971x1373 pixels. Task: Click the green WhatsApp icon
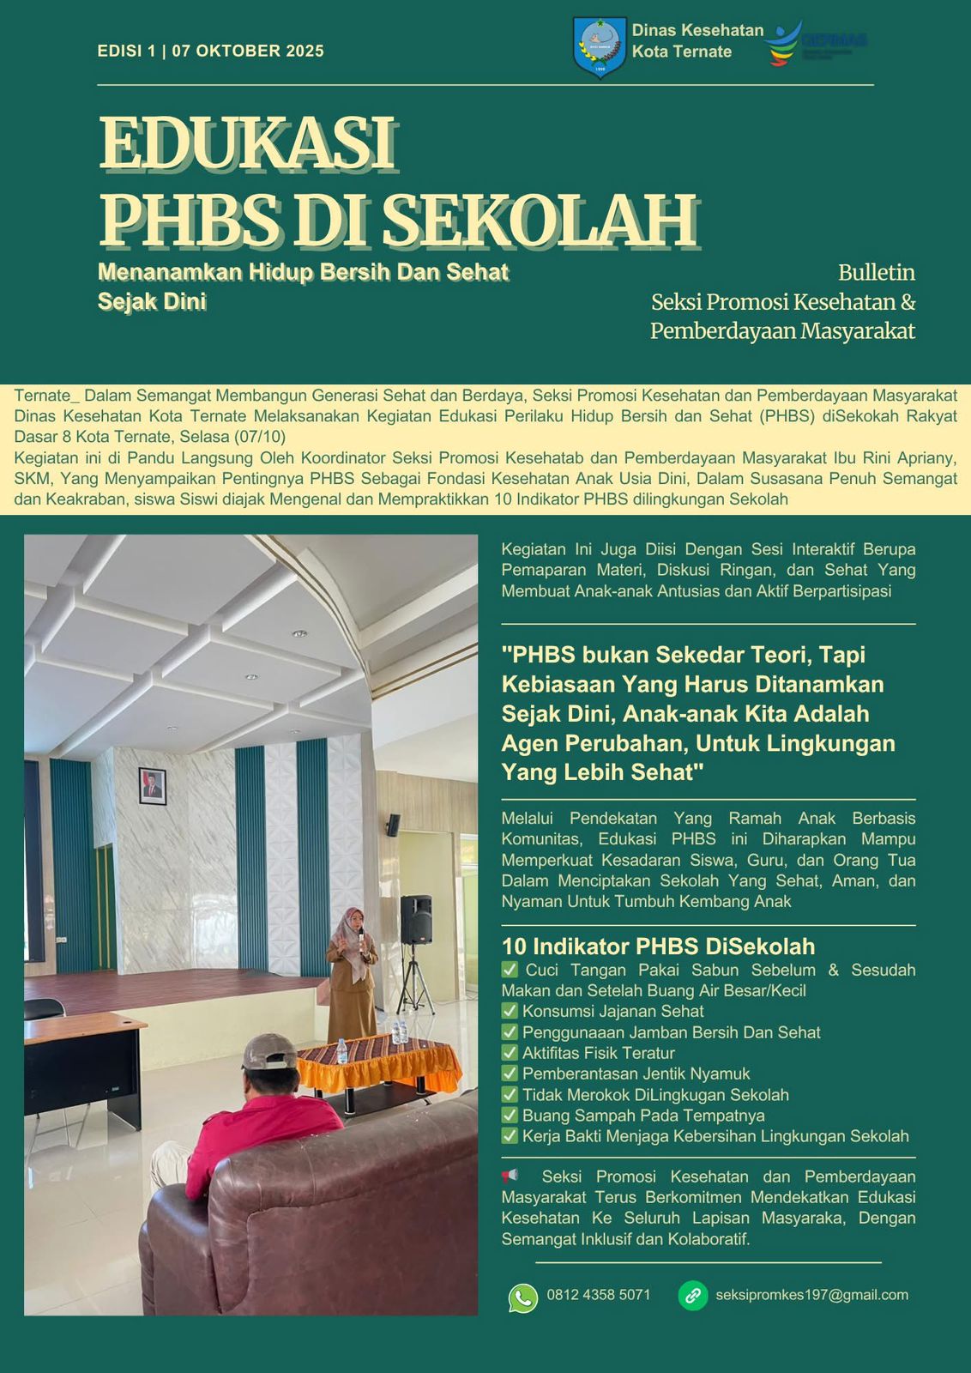(x=523, y=1297)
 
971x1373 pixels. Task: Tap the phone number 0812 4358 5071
(x=599, y=1295)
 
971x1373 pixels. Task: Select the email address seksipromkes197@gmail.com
(x=811, y=1295)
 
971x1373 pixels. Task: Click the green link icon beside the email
(x=692, y=1296)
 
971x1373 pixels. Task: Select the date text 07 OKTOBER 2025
(x=248, y=51)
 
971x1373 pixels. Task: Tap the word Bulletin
(x=876, y=273)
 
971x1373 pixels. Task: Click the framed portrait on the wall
(x=153, y=786)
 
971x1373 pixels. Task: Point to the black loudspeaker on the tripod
(x=416, y=919)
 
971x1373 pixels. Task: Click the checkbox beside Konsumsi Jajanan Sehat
(x=510, y=1011)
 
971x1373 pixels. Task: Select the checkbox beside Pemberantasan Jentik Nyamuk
(x=510, y=1074)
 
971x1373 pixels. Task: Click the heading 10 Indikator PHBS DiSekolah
(x=658, y=947)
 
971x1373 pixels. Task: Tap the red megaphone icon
(x=510, y=1176)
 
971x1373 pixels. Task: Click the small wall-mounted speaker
(x=393, y=825)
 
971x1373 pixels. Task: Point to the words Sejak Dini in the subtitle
(x=152, y=301)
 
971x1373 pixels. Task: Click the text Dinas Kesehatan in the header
(x=697, y=30)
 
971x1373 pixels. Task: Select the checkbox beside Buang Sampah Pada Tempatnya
(x=510, y=1116)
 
